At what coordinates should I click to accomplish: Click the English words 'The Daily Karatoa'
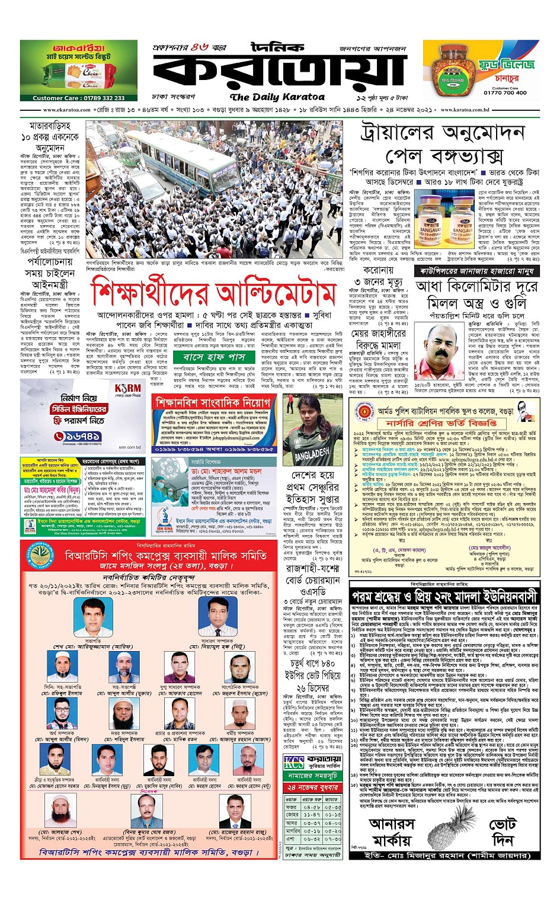(277, 97)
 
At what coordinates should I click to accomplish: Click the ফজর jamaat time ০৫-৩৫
(332, 806)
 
